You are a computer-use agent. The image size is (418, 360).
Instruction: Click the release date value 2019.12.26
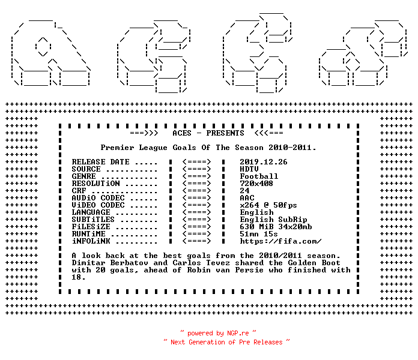click(x=264, y=162)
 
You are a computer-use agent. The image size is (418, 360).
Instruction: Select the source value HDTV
click(x=249, y=169)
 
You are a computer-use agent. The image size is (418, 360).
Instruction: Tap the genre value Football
click(x=259, y=176)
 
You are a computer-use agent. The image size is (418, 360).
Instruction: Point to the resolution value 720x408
click(x=256, y=184)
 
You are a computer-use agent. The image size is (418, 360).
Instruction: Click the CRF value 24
click(x=244, y=191)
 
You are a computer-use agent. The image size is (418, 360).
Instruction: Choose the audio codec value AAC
click(x=247, y=198)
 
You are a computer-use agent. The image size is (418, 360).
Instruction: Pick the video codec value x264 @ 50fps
click(x=268, y=205)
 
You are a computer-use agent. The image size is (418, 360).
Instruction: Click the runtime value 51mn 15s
click(x=259, y=234)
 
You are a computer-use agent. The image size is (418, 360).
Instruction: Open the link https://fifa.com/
click(x=280, y=241)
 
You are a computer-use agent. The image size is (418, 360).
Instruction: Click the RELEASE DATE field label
click(x=100, y=162)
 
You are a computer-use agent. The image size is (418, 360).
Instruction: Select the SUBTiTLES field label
click(x=93, y=220)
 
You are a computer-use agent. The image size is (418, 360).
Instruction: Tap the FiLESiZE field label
click(x=91, y=227)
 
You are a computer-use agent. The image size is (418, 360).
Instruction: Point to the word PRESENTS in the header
click(x=225, y=133)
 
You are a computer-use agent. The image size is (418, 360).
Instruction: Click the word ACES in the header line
click(x=182, y=133)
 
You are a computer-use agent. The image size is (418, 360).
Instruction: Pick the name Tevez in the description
click(x=218, y=263)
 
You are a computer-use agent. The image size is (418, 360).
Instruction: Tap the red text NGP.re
click(x=238, y=333)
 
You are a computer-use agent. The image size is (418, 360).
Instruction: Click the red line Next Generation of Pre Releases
click(x=226, y=342)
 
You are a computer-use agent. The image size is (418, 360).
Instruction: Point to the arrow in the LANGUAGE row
click(x=196, y=212)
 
